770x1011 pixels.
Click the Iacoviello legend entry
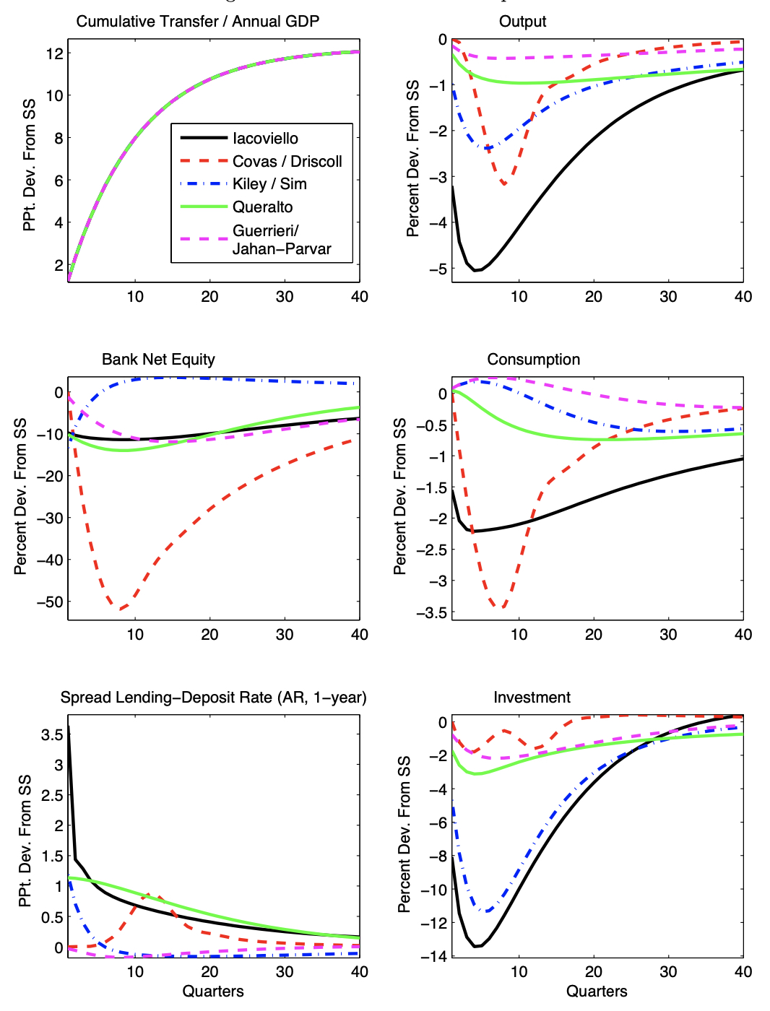(265, 139)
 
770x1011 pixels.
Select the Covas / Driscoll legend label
(287, 162)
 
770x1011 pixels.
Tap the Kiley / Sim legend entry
(269, 184)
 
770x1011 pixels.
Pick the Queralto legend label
(262, 207)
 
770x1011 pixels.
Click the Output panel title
(522, 22)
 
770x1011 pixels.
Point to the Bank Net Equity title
(158, 360)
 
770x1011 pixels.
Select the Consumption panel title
(533, 360)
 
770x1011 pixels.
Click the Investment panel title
(532, 698)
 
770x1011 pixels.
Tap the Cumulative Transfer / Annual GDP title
(197, 22)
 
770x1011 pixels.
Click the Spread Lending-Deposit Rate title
(213, 698)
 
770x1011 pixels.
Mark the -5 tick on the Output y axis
(438, 269)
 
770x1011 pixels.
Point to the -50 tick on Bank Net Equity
(51, 602)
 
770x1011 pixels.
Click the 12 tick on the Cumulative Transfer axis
(55, 53)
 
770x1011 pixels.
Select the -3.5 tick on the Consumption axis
(431, 613)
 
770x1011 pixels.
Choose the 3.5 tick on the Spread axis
(52, 735)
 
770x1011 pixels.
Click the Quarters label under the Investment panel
(597, 992)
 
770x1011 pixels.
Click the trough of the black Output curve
(476, 270)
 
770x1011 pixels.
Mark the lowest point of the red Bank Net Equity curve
(121, 609)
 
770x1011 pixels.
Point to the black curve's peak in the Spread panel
(69, 726)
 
